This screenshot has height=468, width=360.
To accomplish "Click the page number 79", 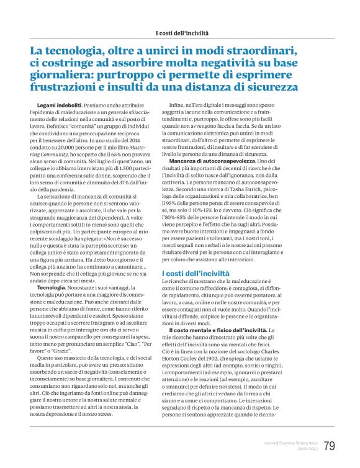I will pyautogui.click(x=330, y=446).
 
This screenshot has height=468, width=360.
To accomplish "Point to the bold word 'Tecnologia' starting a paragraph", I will pyautogui.click(x=52, y=289).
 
